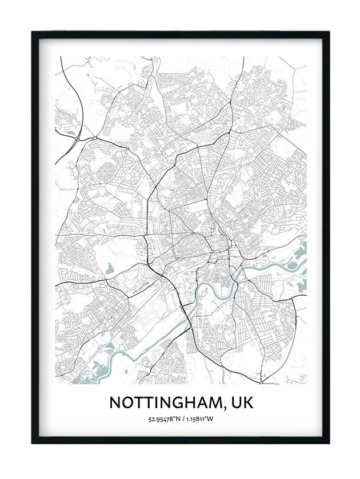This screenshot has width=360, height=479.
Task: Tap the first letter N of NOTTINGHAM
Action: [115, 402]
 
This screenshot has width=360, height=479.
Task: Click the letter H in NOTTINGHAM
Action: [189, 402]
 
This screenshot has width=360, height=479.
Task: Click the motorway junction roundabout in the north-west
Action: [92, 138]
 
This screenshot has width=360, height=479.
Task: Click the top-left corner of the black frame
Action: [32, 31]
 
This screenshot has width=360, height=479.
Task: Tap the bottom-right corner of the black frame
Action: [329, 442]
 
